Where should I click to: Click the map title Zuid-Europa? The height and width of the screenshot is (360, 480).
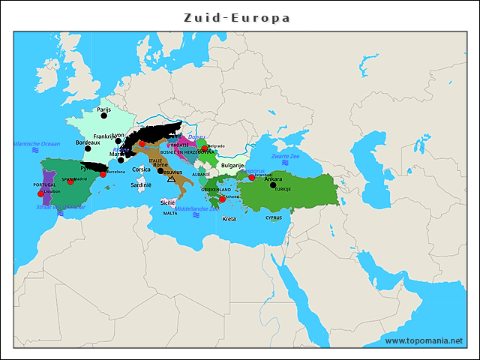(x=238, y=16)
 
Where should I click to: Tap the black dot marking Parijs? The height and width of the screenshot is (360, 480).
(x=104, y=115)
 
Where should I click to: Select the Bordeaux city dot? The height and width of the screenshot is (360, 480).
(x=88, y=148)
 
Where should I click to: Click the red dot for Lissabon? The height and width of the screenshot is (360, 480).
(x=41, y=193)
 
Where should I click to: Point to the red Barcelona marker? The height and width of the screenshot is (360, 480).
(x=103, y=174)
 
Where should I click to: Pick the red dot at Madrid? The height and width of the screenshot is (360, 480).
(x=71, y=181)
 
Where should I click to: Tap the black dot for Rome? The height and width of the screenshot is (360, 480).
(x=160, y=170)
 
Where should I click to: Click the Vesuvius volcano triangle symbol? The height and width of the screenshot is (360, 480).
(x=172, y=180)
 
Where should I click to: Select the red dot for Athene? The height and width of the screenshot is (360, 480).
(x=222, y=199)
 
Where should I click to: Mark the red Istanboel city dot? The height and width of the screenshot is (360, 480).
(x=251, y=178)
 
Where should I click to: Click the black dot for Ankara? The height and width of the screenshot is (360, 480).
(x=273, y=184)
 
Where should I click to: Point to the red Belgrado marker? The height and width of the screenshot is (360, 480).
(x=204, y=148)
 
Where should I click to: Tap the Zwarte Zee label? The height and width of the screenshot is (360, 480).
(x=285, y=156)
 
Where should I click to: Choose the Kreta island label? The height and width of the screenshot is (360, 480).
(x=229, y=219)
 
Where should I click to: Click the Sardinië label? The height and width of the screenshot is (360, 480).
(x=141, y=184)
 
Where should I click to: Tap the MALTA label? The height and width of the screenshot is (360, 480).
(x=170, y=213)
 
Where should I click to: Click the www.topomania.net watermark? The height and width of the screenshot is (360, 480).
(x=424, y=341)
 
